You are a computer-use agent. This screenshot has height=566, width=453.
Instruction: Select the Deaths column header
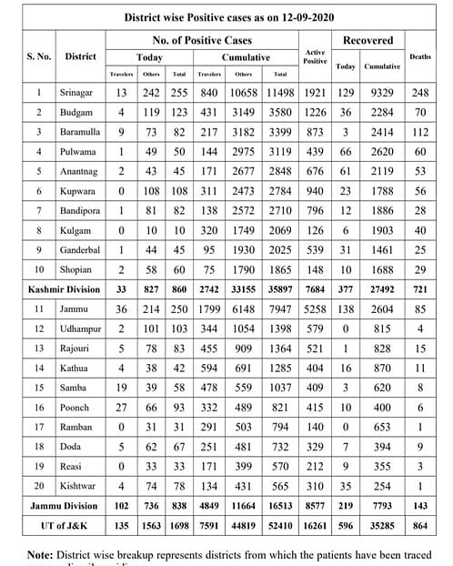click(420, 56)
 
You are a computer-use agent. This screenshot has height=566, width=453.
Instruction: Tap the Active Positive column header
click(315, 56)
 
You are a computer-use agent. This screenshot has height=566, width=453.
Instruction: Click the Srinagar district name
click(80, 92)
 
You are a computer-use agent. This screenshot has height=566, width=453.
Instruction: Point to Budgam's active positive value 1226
click(315, 112)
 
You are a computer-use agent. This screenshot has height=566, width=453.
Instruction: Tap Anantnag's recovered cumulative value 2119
click(380, 171)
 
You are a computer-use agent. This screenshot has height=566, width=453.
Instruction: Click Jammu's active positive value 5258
click(315, 308)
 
